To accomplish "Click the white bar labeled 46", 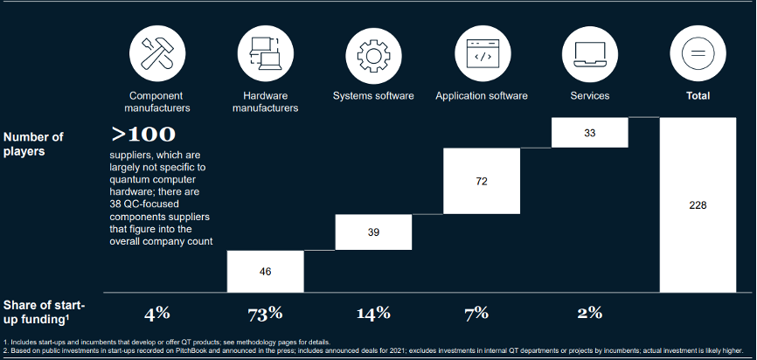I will [266, 272].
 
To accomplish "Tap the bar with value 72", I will [482, 182].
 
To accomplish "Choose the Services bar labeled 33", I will [590, 132].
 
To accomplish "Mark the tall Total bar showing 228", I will [698, 205].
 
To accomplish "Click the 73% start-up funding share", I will [266, 313].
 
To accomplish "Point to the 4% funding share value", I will [158, 313].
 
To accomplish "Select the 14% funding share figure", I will [373, 313].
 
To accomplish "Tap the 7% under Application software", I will [482, 313].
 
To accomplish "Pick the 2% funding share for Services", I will [590, 313].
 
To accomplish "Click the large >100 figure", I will [143, 134].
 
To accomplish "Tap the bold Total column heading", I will [698, 95].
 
